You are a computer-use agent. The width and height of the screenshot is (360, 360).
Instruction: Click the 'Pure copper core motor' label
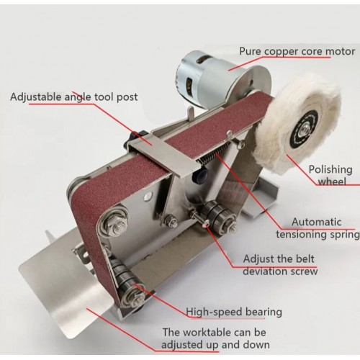[x=297, y=51]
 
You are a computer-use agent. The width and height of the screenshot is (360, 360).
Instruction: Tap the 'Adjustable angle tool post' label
[x=74, y=97]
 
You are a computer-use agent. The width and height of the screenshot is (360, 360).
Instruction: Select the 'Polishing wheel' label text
[x=330, y=176]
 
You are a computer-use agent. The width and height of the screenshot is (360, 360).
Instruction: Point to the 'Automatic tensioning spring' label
[x=318, y=228]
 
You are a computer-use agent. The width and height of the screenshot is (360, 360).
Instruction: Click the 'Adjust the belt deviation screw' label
[x=280, y=265]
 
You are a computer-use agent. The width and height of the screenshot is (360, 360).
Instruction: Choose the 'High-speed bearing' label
[x=234, y=312]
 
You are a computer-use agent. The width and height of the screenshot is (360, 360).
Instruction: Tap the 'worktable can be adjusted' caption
[x=215, y=338]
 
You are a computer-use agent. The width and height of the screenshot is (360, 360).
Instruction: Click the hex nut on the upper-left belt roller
[x=114, y=225]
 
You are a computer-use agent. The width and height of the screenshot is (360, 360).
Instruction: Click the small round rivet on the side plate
[x=148, y=196]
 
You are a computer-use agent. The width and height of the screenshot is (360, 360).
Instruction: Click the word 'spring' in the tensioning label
[x=345, y=235]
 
